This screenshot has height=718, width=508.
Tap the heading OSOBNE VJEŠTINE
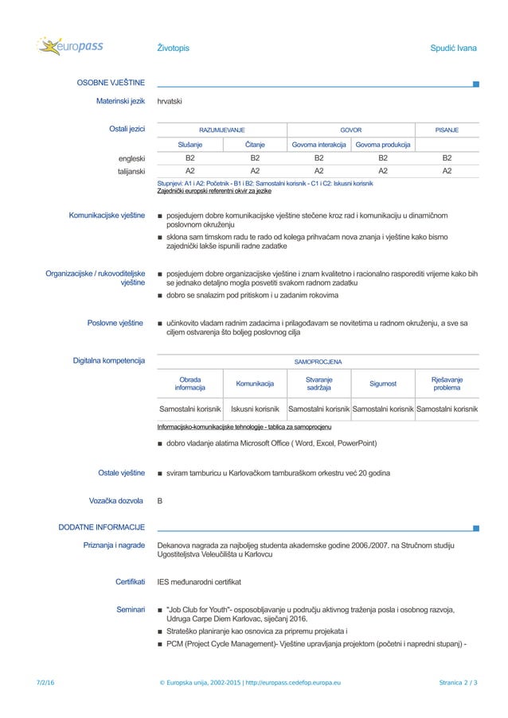[110, 82]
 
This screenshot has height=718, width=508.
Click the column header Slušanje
[190, 145]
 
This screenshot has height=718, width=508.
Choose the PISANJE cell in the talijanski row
[447, 170]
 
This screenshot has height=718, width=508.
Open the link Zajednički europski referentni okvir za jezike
[214, 192]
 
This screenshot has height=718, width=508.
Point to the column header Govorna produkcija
[383, 145]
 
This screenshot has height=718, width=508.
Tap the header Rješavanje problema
[447, 383]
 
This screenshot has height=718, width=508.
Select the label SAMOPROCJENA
[318, 361]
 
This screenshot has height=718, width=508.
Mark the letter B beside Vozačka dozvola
[161, 501]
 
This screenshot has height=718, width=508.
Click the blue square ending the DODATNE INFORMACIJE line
[475, 528]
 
